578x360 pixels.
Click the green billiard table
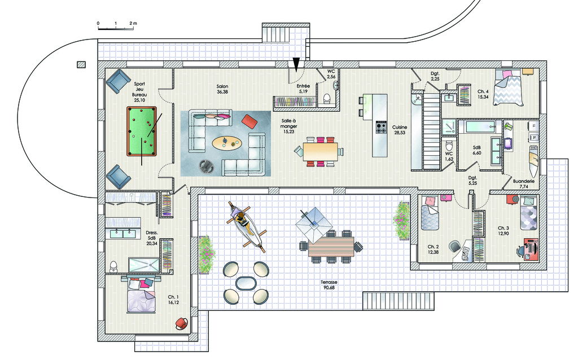click(x=142, y=131)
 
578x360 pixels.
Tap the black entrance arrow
click(x=296, y=64)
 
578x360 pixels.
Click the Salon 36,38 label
click(x=222, y=89)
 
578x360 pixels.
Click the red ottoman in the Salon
click(x=249, y=121)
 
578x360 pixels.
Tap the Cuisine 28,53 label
click(x=400, y=130)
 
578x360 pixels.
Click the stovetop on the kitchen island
click(x=380, y=128)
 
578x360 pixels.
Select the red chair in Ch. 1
click(x=181, y=323)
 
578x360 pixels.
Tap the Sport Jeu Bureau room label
click(x=139, y=91)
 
